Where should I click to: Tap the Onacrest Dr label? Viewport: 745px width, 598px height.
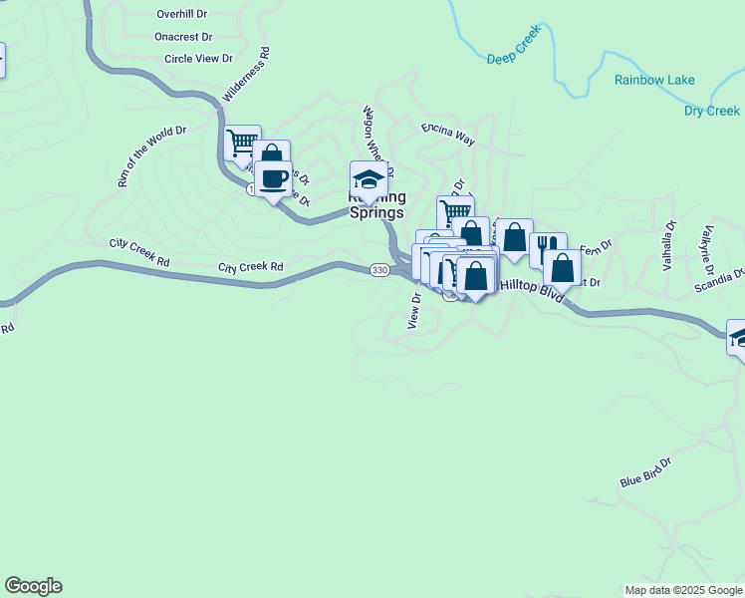pyautogui.click(x=184, y=37)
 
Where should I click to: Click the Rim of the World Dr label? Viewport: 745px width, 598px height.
pyautogui.click(x=151, y=156)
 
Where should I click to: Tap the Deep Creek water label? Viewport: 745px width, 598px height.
pyautogui.click(x=513, y=59)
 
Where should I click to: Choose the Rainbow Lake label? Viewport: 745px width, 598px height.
pyautogui.click(x=654, y=80)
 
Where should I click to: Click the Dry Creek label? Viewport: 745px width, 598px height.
pyautogui.click(x=711, y=111)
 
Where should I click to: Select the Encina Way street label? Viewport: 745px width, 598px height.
pyautogui.click(x=447, y=132)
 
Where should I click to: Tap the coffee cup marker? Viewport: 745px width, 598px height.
pyautogui.click(x=273, y=179)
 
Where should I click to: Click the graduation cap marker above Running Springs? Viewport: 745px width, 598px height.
pyautogui.click(x=369, y=180)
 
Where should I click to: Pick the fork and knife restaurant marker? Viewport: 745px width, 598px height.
pyautogui.click(x=547, y=248)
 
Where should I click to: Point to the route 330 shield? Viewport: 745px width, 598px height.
pyautogui.click(x=378, y=270)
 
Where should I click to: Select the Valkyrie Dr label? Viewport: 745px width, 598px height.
pyautogui.click(x=707, y=249)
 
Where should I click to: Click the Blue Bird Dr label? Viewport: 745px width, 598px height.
pyautogui.click(x=646, y=472)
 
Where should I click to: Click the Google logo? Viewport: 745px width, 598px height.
pyautogui.click(x=33, y=586)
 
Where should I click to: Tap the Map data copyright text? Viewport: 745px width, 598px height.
pyautogui.click(x=683, y=590)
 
